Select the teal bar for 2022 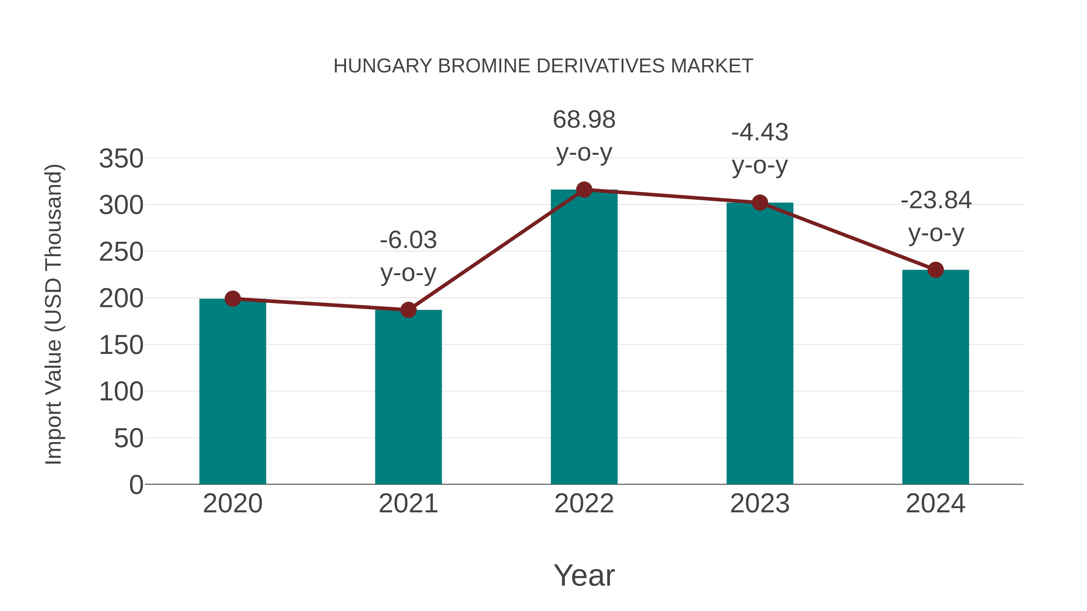click(x=584, y=337)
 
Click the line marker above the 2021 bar click(x=408, y=310)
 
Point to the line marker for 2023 click(x=760, y=203)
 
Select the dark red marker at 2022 click(x=584, y=190)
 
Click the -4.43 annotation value click(x=760, y=132)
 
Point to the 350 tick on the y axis click(x=121, y=159)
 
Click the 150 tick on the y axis click(x=121, y=345)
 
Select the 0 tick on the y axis click(x=136, y=485)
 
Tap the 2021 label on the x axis click(x=408, y=504)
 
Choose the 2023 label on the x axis click(x=760, y=504)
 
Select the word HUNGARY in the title click(x=383, y=66)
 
